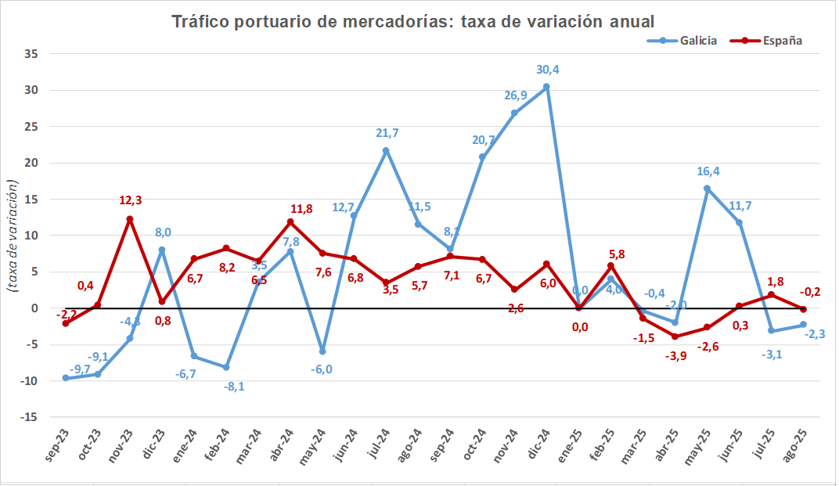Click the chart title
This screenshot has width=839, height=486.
412,21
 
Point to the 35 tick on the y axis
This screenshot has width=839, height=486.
31,54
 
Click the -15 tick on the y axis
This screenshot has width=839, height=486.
29,417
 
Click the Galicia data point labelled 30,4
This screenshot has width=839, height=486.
546,87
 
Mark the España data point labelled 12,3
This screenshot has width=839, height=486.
129,219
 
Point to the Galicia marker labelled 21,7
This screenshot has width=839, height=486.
386,150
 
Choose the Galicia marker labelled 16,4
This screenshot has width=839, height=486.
707,189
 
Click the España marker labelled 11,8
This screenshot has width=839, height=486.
290,222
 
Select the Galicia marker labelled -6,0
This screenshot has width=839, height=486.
322,351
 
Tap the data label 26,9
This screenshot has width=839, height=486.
516,95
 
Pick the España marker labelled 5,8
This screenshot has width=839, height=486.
610,266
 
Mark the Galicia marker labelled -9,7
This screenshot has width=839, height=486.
65,378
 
